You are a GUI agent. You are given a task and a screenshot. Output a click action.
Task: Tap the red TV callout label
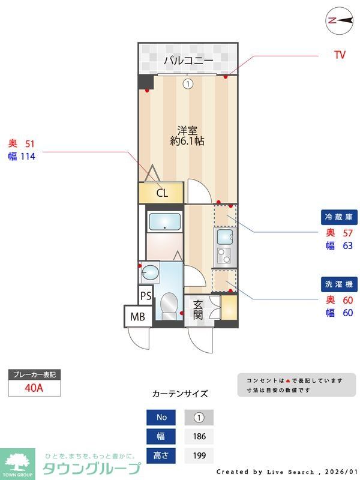[340, 55]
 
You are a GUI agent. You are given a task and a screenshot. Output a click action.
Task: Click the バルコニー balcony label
[188, 61]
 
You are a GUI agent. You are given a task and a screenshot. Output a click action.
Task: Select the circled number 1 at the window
[188, 84]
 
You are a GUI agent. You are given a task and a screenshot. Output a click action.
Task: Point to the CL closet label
[161, 193]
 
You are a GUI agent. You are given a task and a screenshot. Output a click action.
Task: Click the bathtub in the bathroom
[164, 222]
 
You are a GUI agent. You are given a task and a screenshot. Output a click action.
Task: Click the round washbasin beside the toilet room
[149, 274]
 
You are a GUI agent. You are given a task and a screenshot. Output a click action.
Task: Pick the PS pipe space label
[145, 296]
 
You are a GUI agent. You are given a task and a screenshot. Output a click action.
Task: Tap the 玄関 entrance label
[199, 310]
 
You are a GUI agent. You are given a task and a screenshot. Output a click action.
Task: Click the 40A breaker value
[34, 388]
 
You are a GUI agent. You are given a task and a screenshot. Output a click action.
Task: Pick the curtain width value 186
[199, 436]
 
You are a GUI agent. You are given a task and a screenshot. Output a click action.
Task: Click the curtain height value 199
[199, 456]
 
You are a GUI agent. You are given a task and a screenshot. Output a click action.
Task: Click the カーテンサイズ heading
[180, 394]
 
